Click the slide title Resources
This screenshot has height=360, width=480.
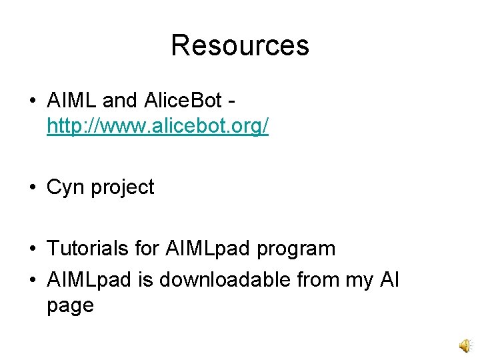[240, 45]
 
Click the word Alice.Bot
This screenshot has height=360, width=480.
[181, 101]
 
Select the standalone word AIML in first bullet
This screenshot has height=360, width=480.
[72, 101]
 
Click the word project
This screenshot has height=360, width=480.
[123, 188]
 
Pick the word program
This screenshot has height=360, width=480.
[296, 249]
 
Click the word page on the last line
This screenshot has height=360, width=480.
[70, 306]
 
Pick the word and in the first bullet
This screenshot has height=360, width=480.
[120, 101]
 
